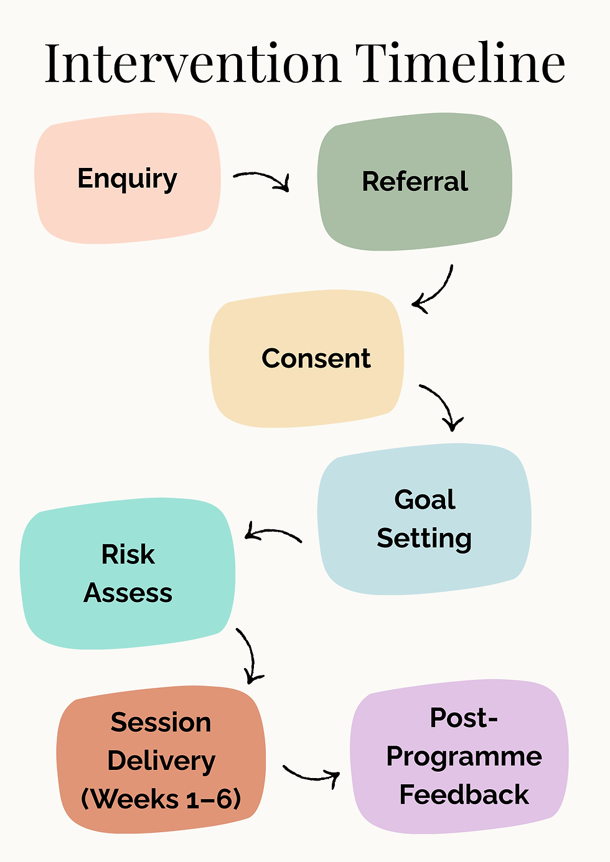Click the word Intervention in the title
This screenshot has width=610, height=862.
[x=193, y=63]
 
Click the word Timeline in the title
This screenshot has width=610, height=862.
[x=460, y=63]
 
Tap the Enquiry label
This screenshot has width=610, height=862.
[x=127, y=179]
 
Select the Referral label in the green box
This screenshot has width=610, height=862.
[x=415, y=182]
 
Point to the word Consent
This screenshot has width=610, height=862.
[x=316, y=358]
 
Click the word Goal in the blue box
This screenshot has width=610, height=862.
[x=425, y=499]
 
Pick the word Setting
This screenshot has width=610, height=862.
[x=425, y=539]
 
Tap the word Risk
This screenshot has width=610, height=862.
[x=128, y=554]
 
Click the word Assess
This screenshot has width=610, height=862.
[x=128, y=593]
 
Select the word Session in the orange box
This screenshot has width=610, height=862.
[x=161, y=723]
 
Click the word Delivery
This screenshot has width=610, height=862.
[x=161, y=761]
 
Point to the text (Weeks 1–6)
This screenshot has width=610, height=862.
[x=161, y=799]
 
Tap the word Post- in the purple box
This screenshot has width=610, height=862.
[x=463, y=718]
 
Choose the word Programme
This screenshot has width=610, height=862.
[x=463, y=757]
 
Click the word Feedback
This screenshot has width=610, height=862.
[x=463, y=795]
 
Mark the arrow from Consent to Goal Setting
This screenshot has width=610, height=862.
[x=443, y=406]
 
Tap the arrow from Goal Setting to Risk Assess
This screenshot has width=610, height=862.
[x=271, y=534]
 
